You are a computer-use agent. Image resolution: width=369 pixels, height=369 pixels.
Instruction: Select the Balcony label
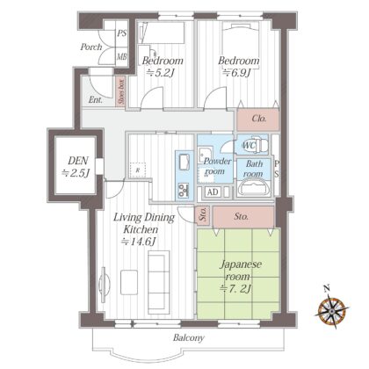click(188, 337)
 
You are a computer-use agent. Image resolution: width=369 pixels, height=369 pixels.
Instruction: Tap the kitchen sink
click(184, 162)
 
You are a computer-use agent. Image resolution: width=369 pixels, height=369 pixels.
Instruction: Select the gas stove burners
click(184, 190)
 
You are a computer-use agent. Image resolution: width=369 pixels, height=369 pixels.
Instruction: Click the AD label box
click(213, 192)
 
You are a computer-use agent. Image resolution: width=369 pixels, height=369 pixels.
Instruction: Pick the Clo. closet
click(257, 119)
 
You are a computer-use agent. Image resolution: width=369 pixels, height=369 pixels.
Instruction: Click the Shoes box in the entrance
click(120, 90)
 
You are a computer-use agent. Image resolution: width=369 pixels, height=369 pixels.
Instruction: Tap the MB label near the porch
click(121, 56)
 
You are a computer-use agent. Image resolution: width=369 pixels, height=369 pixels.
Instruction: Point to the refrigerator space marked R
click(138, 170)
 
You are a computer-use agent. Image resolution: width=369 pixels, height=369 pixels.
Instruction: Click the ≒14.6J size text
click(138, 242)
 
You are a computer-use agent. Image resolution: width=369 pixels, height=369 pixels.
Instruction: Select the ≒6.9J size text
click(236, 72)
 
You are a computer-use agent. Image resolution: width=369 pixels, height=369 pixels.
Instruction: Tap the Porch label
click(91, 47)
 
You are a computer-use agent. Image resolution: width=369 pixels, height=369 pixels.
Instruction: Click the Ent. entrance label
click(96, 100)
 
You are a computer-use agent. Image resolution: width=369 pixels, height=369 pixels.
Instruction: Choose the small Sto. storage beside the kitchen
click(202, 215)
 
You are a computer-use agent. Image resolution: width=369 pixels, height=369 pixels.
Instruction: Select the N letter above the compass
click(327, 288)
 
